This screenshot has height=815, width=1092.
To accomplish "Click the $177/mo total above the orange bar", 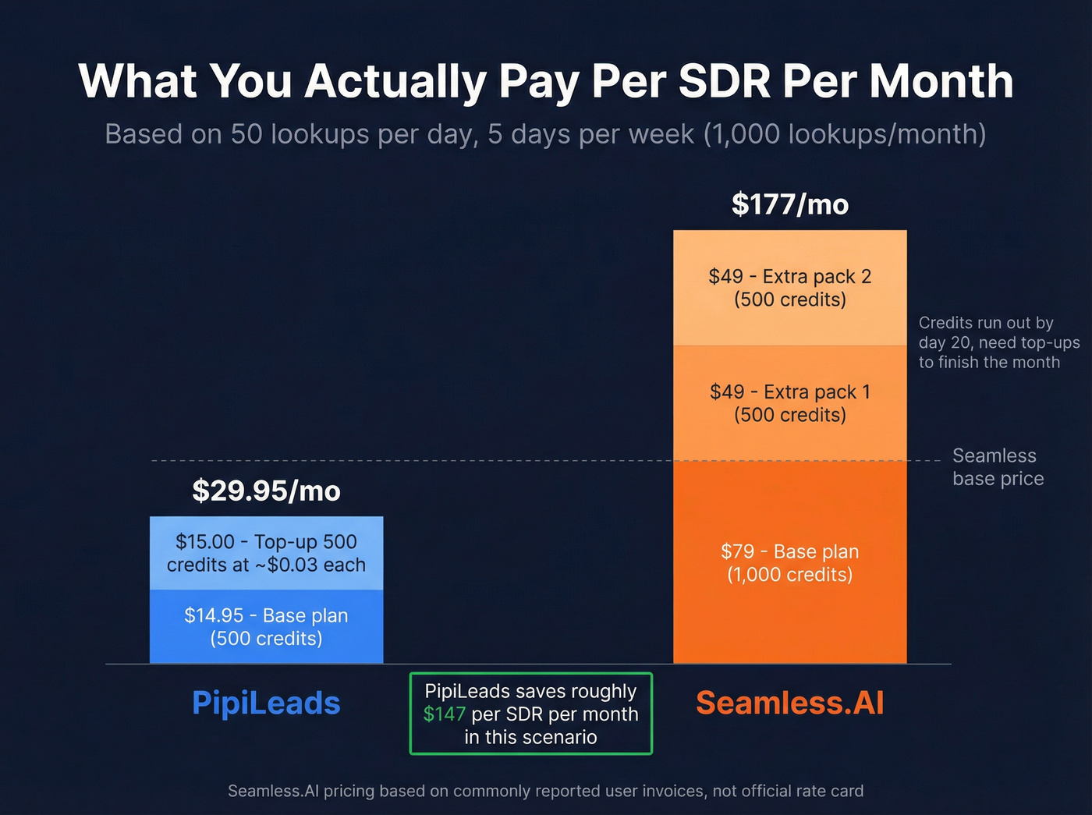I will click(789, 204).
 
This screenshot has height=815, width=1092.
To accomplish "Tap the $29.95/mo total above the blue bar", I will click(266, 491).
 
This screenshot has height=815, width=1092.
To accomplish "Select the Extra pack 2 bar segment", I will click(789, 288).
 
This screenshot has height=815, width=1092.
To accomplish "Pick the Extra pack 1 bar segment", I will click(789, 403).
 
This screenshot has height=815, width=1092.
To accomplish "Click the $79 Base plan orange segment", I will click(789, 562).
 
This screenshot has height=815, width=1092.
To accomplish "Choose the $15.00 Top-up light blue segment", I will click(266, 553).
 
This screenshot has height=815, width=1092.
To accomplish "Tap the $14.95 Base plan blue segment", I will click(266, 626).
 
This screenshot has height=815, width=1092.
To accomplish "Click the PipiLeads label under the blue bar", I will click(266, 703).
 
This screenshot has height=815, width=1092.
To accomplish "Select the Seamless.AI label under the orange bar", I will click(789, 703).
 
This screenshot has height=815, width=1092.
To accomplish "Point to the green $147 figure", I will click(444, 714).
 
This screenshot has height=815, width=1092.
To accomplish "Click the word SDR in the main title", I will click(725, 81).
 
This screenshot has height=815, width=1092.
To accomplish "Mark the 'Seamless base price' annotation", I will click(998, 467).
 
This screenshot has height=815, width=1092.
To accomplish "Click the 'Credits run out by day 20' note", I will click(998, 342).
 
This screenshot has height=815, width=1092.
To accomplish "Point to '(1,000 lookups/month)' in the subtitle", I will click(845, 134).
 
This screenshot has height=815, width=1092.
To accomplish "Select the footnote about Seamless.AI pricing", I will click(545, 791).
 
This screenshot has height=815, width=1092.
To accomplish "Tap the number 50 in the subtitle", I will click(246, 134).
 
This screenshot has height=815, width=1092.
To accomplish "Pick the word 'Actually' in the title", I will click(395, 81).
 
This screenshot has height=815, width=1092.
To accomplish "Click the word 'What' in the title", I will click(137, 81).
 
